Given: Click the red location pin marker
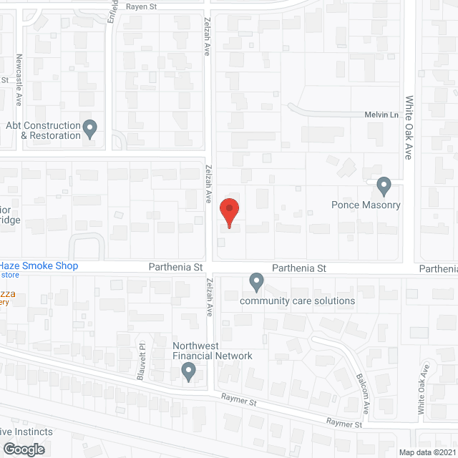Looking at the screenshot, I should click(229, 212).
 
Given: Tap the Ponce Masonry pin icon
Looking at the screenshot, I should click(384, 186).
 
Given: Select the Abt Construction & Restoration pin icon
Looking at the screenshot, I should click(89, 129).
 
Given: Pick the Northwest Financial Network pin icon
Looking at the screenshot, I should click(189, 371).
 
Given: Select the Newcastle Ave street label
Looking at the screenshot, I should click(20, 69).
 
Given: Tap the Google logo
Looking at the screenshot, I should click(24, 449).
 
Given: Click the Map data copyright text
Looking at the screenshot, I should click(427, 452).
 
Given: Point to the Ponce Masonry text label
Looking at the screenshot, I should click(366, 205).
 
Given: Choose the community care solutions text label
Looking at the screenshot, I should click(297, 301).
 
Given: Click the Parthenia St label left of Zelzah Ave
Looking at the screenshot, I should click(176, 268).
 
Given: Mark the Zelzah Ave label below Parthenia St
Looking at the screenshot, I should click(210, 298).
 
